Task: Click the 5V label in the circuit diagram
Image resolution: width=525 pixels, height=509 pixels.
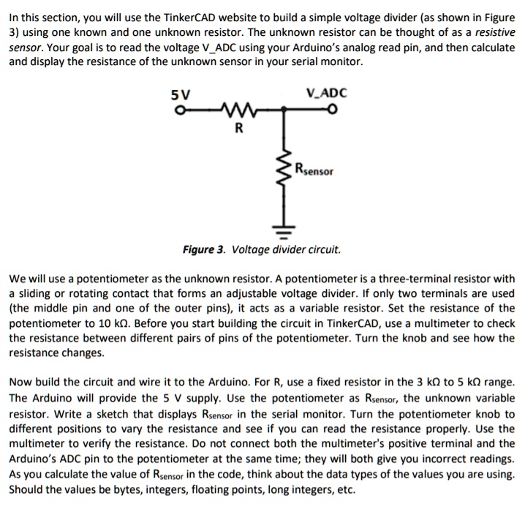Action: point(178,94)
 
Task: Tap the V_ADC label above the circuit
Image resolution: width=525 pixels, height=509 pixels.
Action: point(327,93)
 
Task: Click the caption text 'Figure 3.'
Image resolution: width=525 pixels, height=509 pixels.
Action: point(204,249)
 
